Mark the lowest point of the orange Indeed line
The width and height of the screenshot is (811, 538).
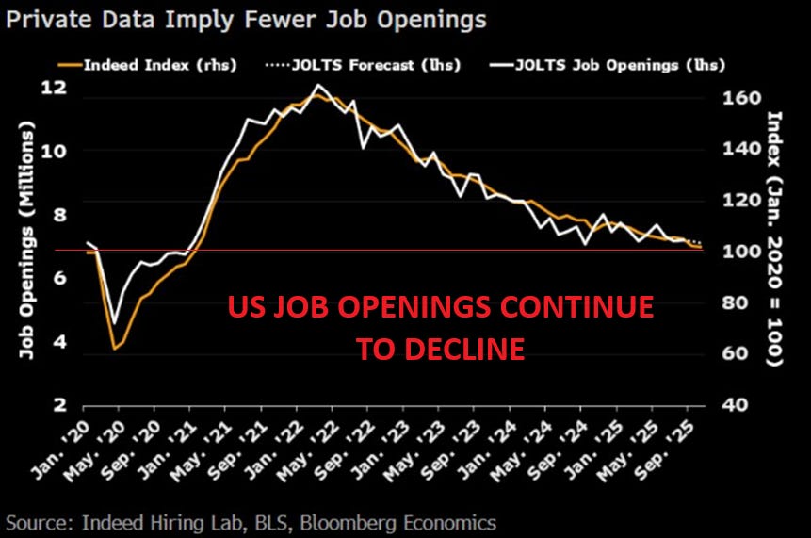tap(115, 350)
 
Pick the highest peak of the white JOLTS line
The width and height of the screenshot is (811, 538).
tap(318, 86)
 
